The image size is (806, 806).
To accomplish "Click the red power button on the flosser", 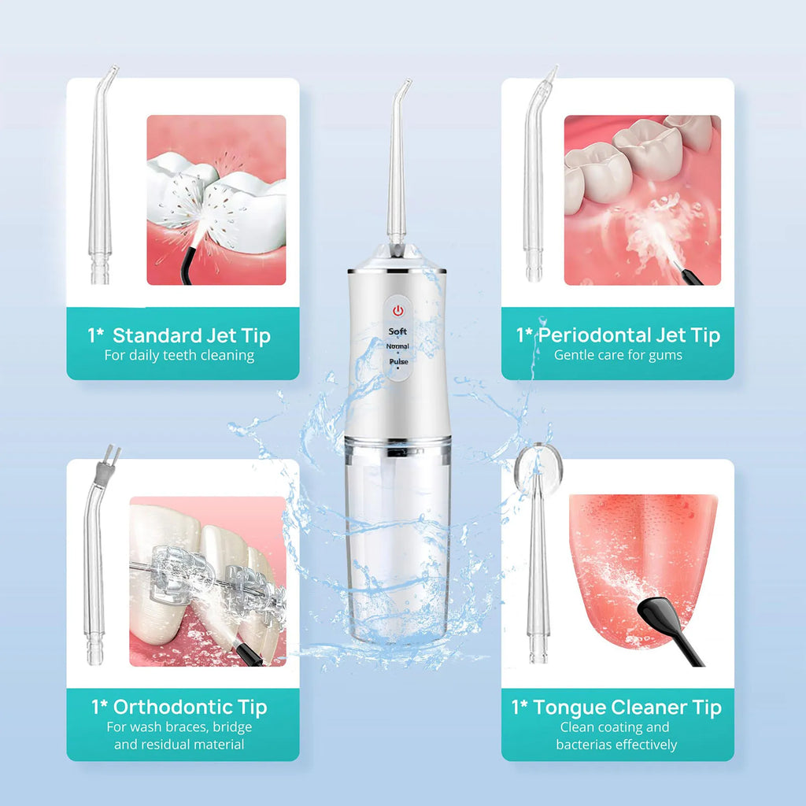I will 397,309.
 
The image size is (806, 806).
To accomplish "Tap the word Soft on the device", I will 397,332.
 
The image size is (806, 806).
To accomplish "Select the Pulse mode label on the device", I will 397,362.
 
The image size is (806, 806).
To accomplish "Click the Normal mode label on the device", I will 397,346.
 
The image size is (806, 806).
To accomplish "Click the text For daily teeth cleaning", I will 179,355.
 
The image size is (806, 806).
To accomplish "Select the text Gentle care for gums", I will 618,355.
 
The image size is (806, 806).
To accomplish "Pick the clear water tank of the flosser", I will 397,543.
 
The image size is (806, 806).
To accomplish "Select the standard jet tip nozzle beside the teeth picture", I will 100,181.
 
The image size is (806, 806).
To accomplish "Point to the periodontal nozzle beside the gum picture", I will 535,181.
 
